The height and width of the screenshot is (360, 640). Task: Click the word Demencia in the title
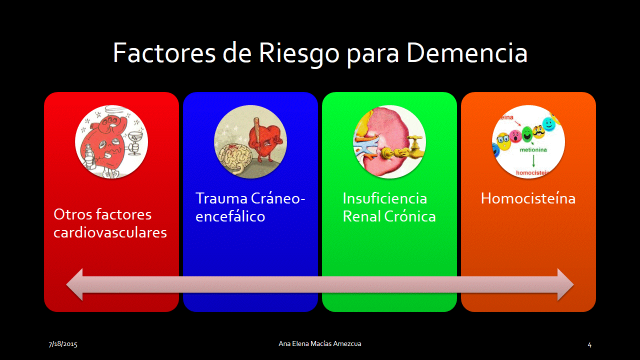click(467, 53)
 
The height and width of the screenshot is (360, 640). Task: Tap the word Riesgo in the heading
click(299, 55)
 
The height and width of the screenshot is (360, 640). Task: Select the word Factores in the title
click(164, 53)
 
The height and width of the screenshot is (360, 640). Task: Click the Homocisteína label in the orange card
click(528, 198)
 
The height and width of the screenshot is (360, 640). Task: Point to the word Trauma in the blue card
click(221, 198)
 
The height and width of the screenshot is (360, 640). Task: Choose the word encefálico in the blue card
click(230, 216)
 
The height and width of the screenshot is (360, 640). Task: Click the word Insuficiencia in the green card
click(385, 198)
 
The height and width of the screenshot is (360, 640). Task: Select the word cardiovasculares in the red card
click(110, 232)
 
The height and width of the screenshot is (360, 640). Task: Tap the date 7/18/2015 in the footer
click(63, 344)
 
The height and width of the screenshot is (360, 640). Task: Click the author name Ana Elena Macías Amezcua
click(320, 343)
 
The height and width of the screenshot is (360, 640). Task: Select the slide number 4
click(589, 345)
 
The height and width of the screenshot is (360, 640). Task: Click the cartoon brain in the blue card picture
click(235, 158)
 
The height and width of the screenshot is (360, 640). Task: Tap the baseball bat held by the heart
click(256, 132)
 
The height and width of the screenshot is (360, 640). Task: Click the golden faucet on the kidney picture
click(415, 147)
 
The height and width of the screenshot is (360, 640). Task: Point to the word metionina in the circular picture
click(533, 149)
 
